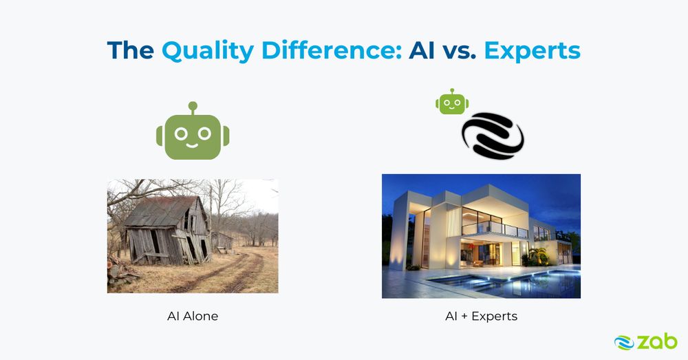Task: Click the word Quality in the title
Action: [x=208, y=52]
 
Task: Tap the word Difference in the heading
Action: [x=332, y=50]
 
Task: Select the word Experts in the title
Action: [x=533, y=52]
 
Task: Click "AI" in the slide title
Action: [x=422, y=50]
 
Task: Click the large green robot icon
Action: [x=193, y=131]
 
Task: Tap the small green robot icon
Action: [x=452, y=102]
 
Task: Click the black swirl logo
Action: [x=493, y=136]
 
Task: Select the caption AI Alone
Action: [x=193, y=316]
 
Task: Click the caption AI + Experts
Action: [x=482, y=317]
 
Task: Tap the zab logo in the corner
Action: [x=645, y=342]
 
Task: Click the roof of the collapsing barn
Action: [x=161, y=211]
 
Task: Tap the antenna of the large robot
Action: [x=193, y=108]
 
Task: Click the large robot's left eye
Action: [x=181, y=134]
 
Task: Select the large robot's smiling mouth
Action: [x=193, y=145]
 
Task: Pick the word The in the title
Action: [x=130, y=50]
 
